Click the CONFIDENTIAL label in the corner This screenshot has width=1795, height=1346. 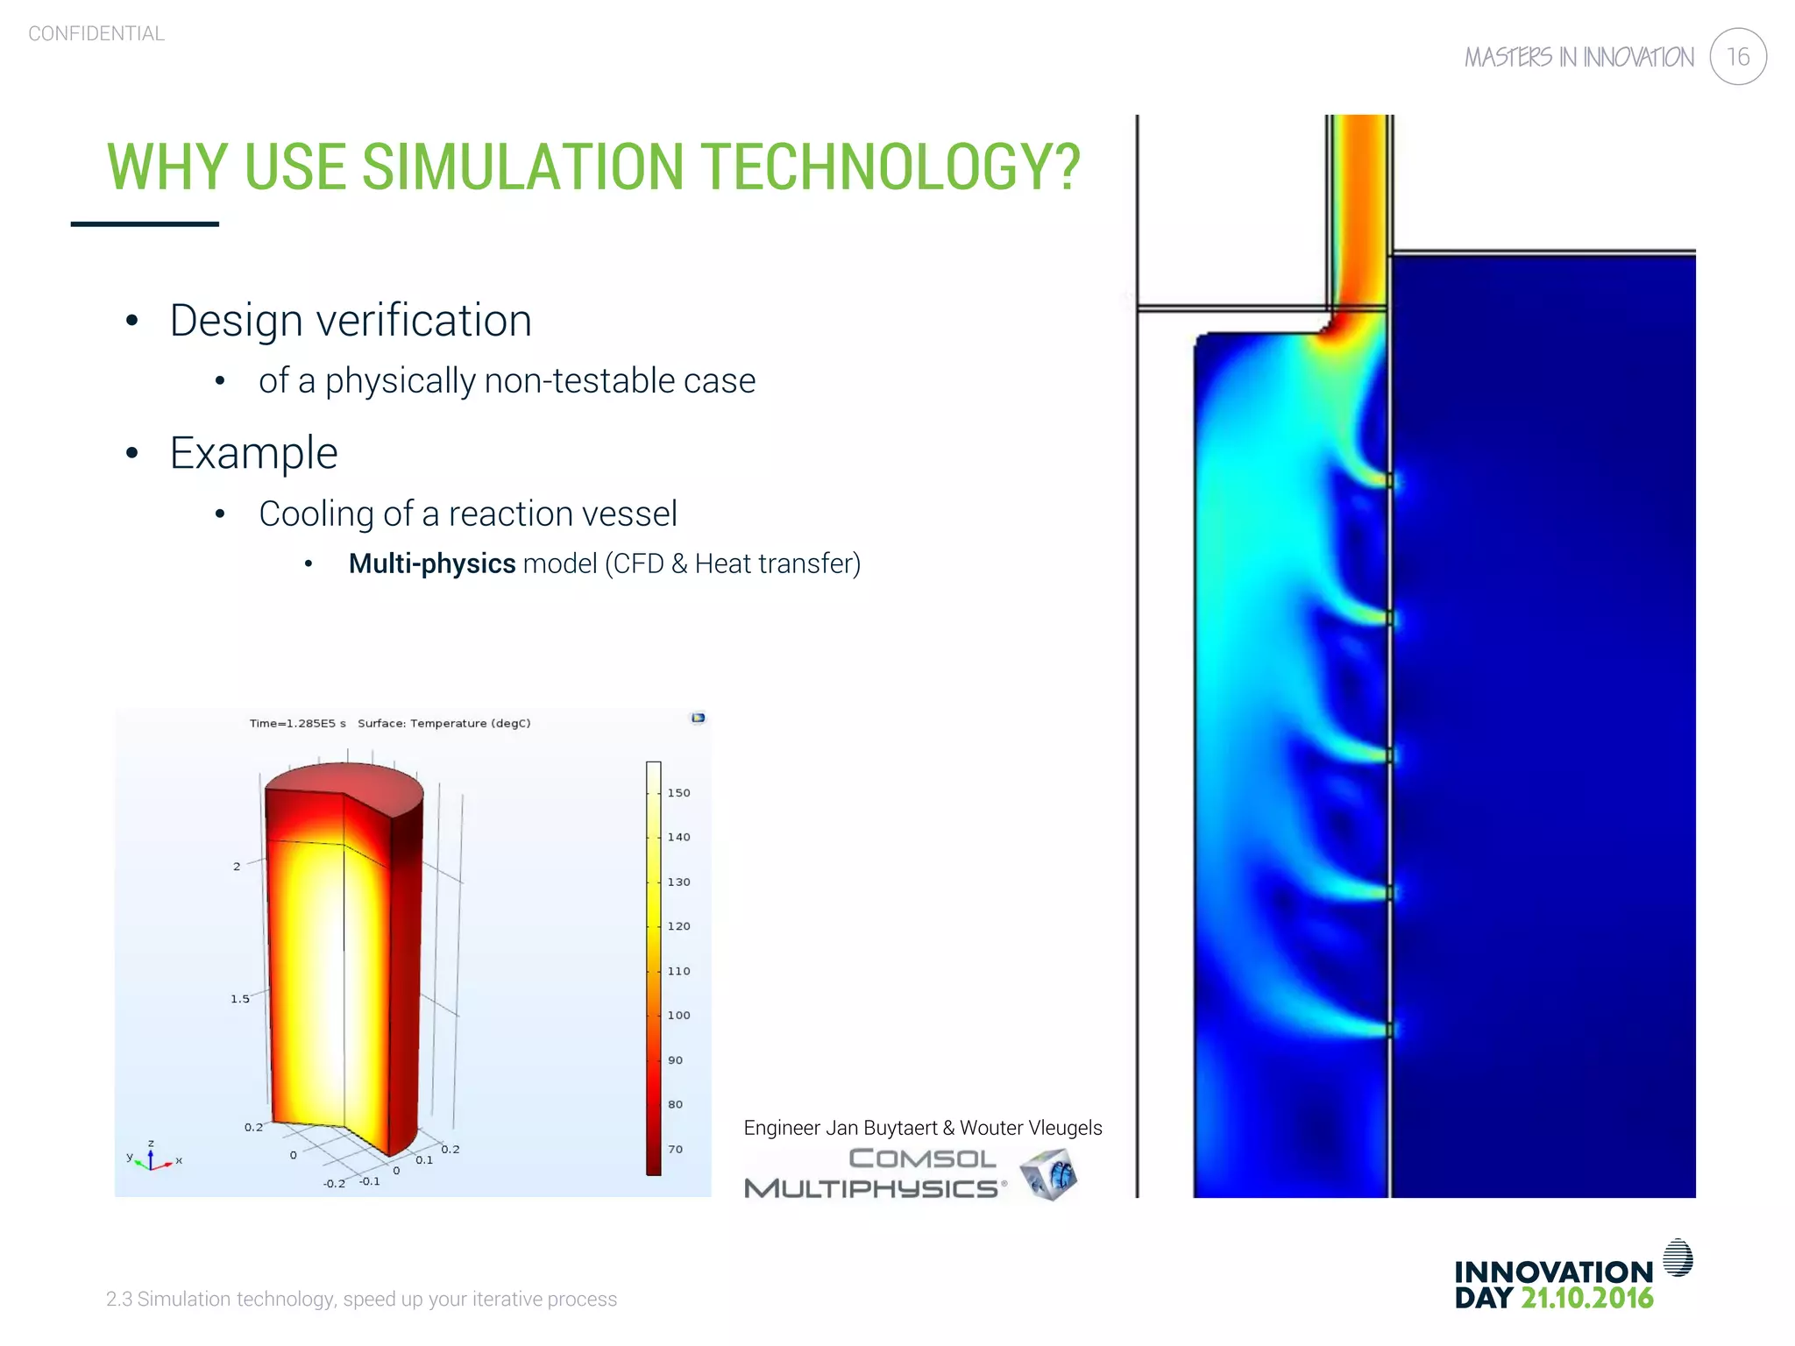(96, 33)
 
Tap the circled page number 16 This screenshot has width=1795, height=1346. (1737, 57)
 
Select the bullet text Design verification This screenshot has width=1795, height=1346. (351, 320)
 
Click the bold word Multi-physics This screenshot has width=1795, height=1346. (432, 563)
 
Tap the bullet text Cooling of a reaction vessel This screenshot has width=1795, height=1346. (468, 514)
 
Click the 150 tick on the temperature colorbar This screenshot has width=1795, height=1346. (678, 793)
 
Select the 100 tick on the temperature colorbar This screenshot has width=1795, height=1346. (678, 1016)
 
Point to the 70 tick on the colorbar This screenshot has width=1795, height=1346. (675, 1149)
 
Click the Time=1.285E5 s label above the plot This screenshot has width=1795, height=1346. (297, 723)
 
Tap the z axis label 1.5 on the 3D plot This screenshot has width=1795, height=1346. (239, 999)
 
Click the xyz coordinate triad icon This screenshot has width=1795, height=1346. (153, 1158)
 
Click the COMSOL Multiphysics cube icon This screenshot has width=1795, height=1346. (1049, 1174)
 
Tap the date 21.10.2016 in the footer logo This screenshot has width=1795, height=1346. (1586, 1298)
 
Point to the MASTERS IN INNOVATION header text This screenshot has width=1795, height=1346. (1579, 58)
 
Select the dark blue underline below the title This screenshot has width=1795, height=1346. (145, 224)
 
